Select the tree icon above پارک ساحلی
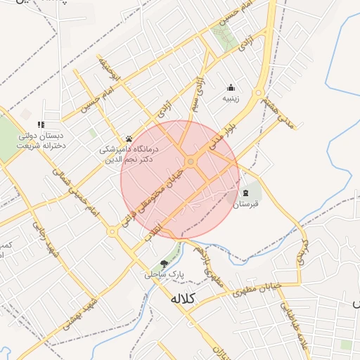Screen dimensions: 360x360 click(164, 264)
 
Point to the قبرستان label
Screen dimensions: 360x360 click(246, 204)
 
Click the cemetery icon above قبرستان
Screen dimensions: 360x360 click(245, 193)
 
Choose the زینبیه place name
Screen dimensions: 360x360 click(231, 99)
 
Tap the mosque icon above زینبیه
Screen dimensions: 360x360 click(231, 88)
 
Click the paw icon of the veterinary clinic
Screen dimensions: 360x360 click(129, 139)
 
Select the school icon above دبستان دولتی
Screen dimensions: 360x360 click(40, 124)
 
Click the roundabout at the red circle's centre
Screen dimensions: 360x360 click(191, 162)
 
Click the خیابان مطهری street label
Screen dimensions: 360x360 click(264, 289)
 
